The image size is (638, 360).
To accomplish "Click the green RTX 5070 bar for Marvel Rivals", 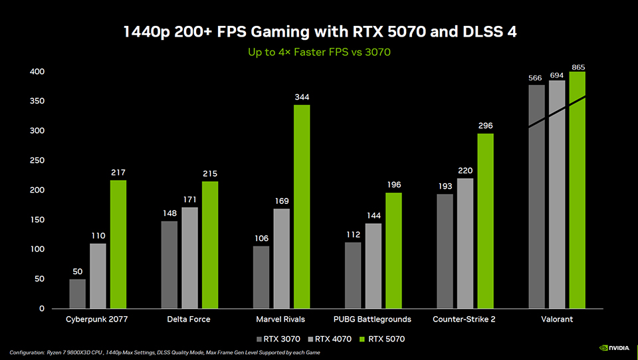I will tap(302, 207).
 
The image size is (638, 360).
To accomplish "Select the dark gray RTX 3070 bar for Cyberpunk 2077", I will tap(78, 294).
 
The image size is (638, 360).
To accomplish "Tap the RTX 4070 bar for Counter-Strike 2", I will tap(465, 243).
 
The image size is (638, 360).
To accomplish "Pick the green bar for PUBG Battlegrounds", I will tap(393, 250).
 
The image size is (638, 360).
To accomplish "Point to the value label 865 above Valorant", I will tap(578, 68).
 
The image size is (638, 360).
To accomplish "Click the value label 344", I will tap(302, 98).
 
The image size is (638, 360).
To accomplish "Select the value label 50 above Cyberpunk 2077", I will tap(78, 272).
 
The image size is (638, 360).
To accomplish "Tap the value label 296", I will tap(485, 126).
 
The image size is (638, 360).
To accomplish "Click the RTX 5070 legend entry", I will tap(381, 339).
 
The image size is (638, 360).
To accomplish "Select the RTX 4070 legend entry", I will tap(330, 339).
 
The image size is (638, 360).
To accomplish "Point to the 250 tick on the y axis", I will tap(37, 161).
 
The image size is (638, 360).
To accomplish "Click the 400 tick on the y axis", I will tap(37, 72).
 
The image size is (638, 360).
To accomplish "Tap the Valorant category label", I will tap(557, 319).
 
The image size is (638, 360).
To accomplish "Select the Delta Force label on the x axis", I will tap(189, 319).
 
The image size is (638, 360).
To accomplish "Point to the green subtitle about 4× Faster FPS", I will tap(318, 52).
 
